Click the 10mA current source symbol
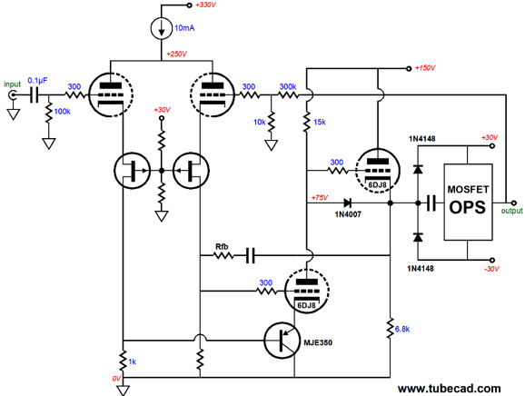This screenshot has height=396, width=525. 162,28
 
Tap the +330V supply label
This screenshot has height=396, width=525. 205,5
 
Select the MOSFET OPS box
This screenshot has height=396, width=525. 468,202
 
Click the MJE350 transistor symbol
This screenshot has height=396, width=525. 282,341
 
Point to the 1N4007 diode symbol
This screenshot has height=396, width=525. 347,203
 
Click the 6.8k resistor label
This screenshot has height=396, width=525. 402,330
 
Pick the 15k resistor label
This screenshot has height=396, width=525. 320,123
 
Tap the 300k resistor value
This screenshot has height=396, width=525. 288,86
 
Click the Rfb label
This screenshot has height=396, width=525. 222,247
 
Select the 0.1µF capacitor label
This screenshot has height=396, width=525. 37,81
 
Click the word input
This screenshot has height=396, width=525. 13,84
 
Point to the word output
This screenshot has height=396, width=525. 511,211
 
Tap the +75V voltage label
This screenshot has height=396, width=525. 320,197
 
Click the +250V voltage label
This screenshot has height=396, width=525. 176,54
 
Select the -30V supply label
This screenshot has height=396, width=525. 491,269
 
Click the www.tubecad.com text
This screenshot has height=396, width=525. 450,389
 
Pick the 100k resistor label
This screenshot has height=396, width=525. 63,112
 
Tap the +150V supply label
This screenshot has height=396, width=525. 425,68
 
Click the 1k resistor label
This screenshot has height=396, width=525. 133,361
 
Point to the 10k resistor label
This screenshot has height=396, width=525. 260,123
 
